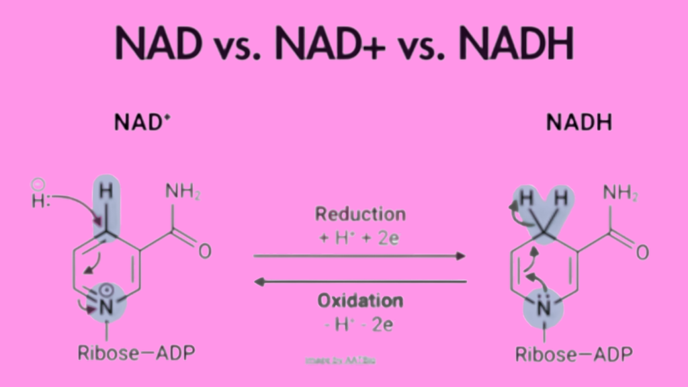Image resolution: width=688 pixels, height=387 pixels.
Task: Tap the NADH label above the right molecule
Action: point(578,123)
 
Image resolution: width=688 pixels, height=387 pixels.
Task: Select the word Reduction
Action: point(360,215)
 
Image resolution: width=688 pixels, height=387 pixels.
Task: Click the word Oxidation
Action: point(360,300)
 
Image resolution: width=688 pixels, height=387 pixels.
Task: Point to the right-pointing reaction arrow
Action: point(359,256)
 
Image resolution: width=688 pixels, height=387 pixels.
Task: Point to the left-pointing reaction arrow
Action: point(359,282)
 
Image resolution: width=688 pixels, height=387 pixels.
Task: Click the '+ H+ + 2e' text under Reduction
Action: point(360,237)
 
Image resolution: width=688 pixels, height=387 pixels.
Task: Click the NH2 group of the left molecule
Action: point(183,193)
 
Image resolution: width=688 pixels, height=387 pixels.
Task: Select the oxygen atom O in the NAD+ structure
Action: point(204,252)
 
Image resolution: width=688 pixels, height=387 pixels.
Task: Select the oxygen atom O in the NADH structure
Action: point(642,253)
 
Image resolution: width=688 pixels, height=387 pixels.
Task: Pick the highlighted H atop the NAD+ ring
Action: point(105,191)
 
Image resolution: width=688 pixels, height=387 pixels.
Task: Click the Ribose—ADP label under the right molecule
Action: point(574,353)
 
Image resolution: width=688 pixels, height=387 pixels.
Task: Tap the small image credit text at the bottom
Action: point(341,361)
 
